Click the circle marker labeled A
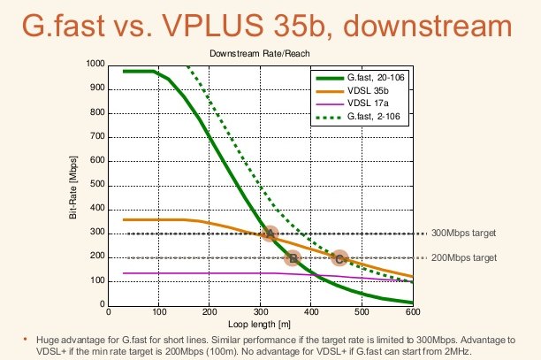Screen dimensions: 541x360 click(270, 234)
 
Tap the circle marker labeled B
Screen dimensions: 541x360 click(293, 257)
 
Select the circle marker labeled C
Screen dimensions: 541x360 click(339, 258)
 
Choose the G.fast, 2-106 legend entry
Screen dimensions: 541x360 click(358, 117)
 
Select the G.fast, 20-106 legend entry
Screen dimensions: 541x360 click(360, 78)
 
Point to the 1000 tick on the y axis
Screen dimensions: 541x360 click(95, 64)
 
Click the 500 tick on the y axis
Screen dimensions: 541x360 click(97, 184)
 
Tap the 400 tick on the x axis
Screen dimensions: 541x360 click(311, 312)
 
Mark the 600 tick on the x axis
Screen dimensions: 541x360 click(413, 312)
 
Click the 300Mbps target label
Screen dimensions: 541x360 click(463, 233)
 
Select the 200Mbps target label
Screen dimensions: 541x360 click(464, 257)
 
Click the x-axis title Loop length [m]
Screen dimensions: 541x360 click(260, 325)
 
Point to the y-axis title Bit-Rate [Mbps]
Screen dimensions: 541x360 click(72, 188)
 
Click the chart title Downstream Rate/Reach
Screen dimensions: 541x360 click(260, 53)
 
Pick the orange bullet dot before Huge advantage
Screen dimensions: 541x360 click(25, 340)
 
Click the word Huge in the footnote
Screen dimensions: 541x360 click(47, 341)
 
